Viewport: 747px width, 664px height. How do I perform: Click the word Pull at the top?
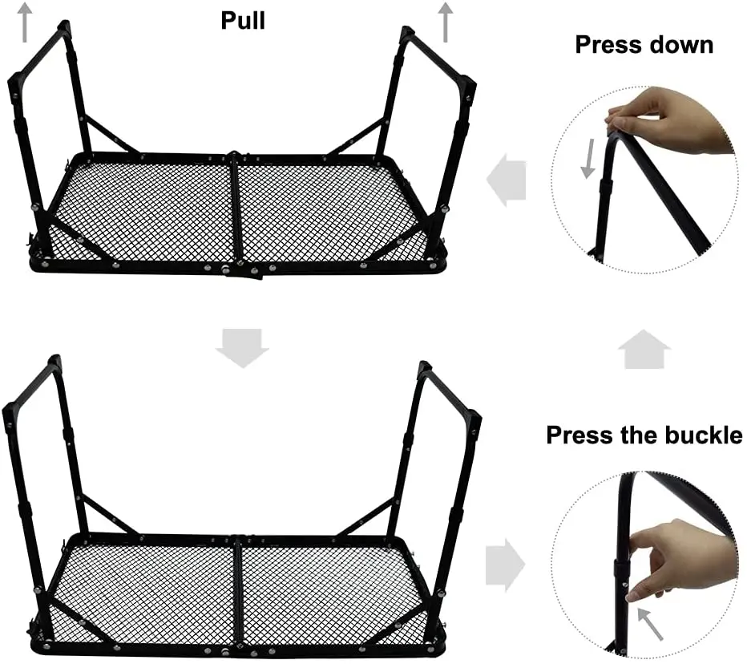[x=243, y=19]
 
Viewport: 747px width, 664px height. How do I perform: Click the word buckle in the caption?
[x=699, y=435]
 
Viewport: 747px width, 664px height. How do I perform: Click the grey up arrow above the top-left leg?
[x=26, y=21]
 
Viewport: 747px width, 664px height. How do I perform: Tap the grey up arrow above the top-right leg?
[x=446, y=22]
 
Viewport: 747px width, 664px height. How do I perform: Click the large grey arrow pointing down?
[x=242, y=347]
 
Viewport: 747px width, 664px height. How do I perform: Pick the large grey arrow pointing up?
[x=645, y=350]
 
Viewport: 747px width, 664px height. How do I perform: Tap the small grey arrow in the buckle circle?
[x=651, y=624]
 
